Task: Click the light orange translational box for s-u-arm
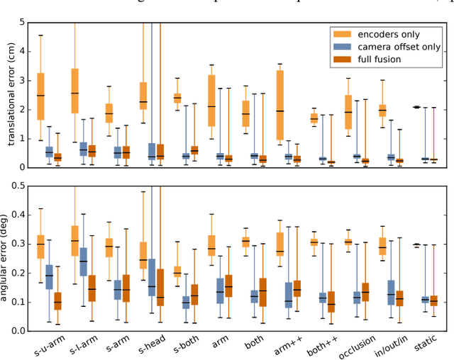point(40,96)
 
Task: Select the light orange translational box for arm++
point(280,105)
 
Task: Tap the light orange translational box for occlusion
point(348,112)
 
